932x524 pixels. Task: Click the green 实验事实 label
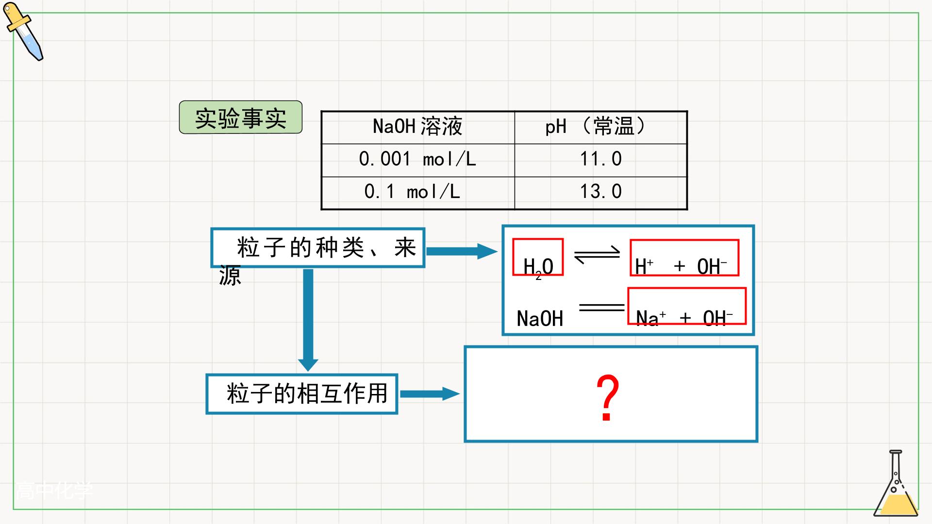pyautogui.click(x=241, y=117)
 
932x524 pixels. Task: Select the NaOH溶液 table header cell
pyautogui.click(x=418, y=127)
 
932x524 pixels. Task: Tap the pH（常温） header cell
pyautogui.click(x=600, y=127)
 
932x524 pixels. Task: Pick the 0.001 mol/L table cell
pyautogui.click(x=418, y=160)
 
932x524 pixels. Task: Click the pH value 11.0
pyautogui.click(x=600, y=159)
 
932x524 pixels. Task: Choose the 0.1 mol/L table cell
pyautogui.click(x=418, y=193)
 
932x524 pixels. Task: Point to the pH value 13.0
pyautogui.click(x=600, y=192)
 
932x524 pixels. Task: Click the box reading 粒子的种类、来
pyautogui.click(x=318, y=247)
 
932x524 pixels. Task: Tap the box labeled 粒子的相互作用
pyautogui.click(x=302, y=393)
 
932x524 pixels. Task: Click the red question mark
pyautogui.click(x=607, y=397)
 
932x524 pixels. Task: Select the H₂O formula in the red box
pyautogui.click(x=538, y=257)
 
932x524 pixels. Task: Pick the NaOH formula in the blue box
pyautogui.click(x=540, y=319)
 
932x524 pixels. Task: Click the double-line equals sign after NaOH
pyautogui.click(x=602, y=307)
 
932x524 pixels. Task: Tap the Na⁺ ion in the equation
pyautogui.click(x=651, y=318)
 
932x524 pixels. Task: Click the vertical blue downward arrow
pyautogui.click(x=308, y=320)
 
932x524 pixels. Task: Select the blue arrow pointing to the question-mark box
pyautogui.click(x=429, y=393)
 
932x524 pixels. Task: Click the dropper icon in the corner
pyautogui.click(x=23, y=32)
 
